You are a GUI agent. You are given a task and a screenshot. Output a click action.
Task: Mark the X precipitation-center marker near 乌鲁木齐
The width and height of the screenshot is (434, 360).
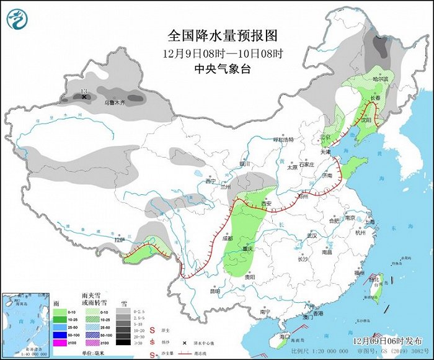[x=84, y=97]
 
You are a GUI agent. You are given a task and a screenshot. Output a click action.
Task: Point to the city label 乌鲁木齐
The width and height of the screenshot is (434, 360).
[x=114, y=101]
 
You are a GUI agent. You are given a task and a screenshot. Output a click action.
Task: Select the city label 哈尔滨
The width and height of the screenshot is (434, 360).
[x=380, y=79]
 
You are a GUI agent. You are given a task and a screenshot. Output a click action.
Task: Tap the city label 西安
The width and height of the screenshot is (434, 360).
[x=267, y=203]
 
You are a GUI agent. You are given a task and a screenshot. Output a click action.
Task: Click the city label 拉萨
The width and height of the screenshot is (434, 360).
[x=120, y=239]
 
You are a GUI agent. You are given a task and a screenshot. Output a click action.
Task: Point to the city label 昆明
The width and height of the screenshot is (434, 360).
[x=215, y=290]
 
